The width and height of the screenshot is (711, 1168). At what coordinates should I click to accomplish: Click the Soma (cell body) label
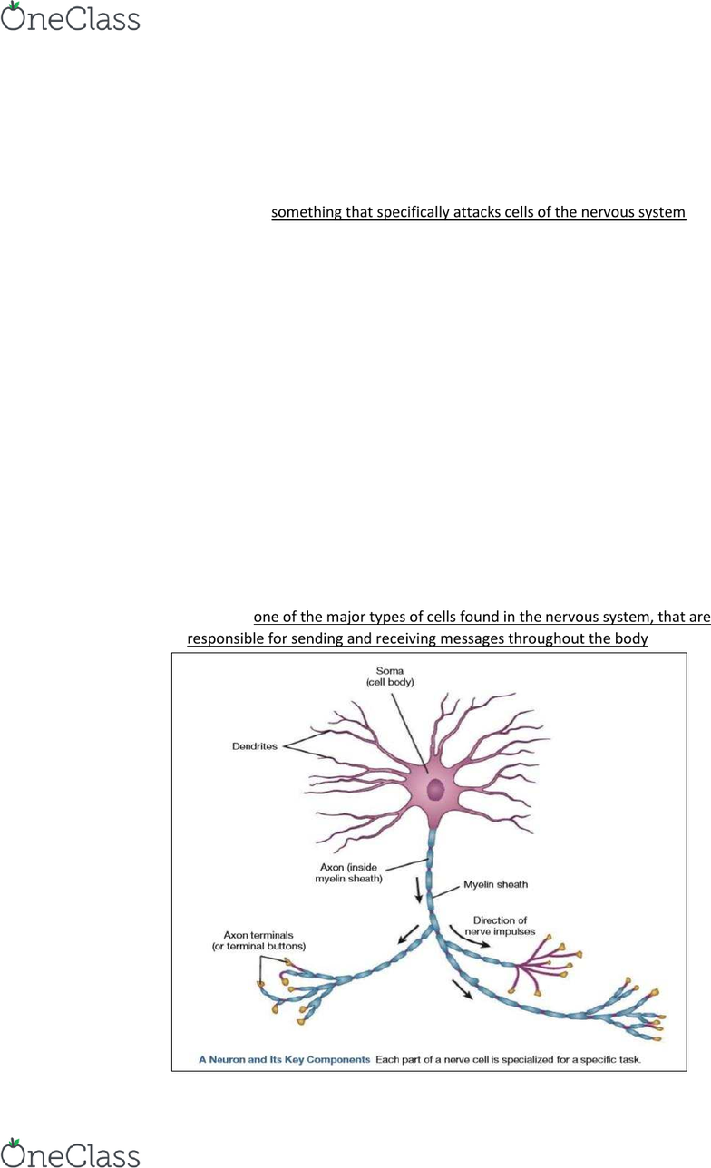pyautogui.click(x=390, y=676)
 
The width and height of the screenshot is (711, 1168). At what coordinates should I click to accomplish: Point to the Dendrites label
pyautogui.click(x=255, y=746)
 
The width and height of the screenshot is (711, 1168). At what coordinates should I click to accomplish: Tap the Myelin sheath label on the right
pyautogui.click(x=495, y=884)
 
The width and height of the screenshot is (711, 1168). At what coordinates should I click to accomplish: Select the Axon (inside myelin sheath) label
pyautogui.click(x=348, y=873)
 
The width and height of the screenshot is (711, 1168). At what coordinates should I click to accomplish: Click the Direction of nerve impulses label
pyautogui.click(x=500, y=926)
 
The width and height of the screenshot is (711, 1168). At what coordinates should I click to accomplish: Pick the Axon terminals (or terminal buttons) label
pyautogui.click(x=258, y=940)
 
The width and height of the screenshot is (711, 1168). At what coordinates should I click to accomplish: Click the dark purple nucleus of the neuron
pyautogui.click(x=435, y=790)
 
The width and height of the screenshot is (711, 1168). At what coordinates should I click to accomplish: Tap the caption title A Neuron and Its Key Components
pyautogui.click(x=284, y=1059)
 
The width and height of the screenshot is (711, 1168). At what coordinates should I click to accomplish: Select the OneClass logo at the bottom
pyautogui.click(x=71, y=1153)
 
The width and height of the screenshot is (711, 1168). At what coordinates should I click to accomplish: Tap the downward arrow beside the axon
pyautogui.click(x=418, y=891)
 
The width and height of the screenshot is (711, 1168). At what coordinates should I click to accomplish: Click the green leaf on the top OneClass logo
pyautogui.click(x=15, y=5)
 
